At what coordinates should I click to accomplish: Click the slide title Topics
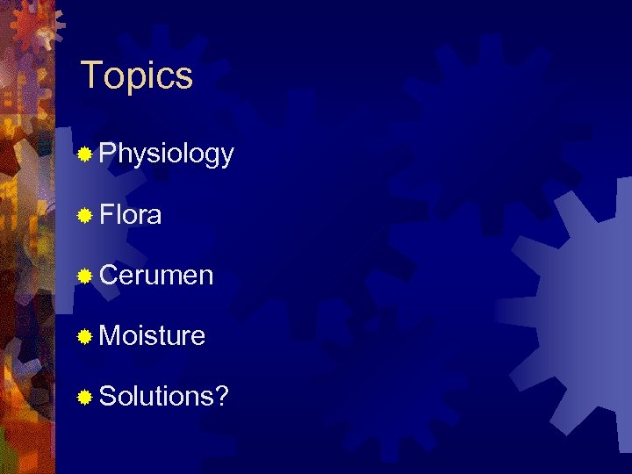click(136, 76)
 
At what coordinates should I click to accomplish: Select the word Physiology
click(167, 154)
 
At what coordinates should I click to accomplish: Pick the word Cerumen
click(156, 276)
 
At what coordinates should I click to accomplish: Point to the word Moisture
click(153, 335)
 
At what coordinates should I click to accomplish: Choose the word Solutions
click(159, 396)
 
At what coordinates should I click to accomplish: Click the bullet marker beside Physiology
click(84, 155)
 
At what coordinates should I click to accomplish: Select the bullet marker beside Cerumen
click(84, 276)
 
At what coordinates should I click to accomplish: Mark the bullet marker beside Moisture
click(84, 336)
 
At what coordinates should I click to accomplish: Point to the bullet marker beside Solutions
click(84, 397)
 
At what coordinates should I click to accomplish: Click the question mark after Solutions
click(224, 396)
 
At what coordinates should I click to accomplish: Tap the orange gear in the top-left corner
click(35, 26)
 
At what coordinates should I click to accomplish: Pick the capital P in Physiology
click(108, 154)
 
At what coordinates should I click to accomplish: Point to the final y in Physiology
click(227, 158)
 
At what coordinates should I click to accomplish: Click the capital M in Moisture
click(111, 335)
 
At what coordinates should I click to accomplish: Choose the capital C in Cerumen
click(110, 276)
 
